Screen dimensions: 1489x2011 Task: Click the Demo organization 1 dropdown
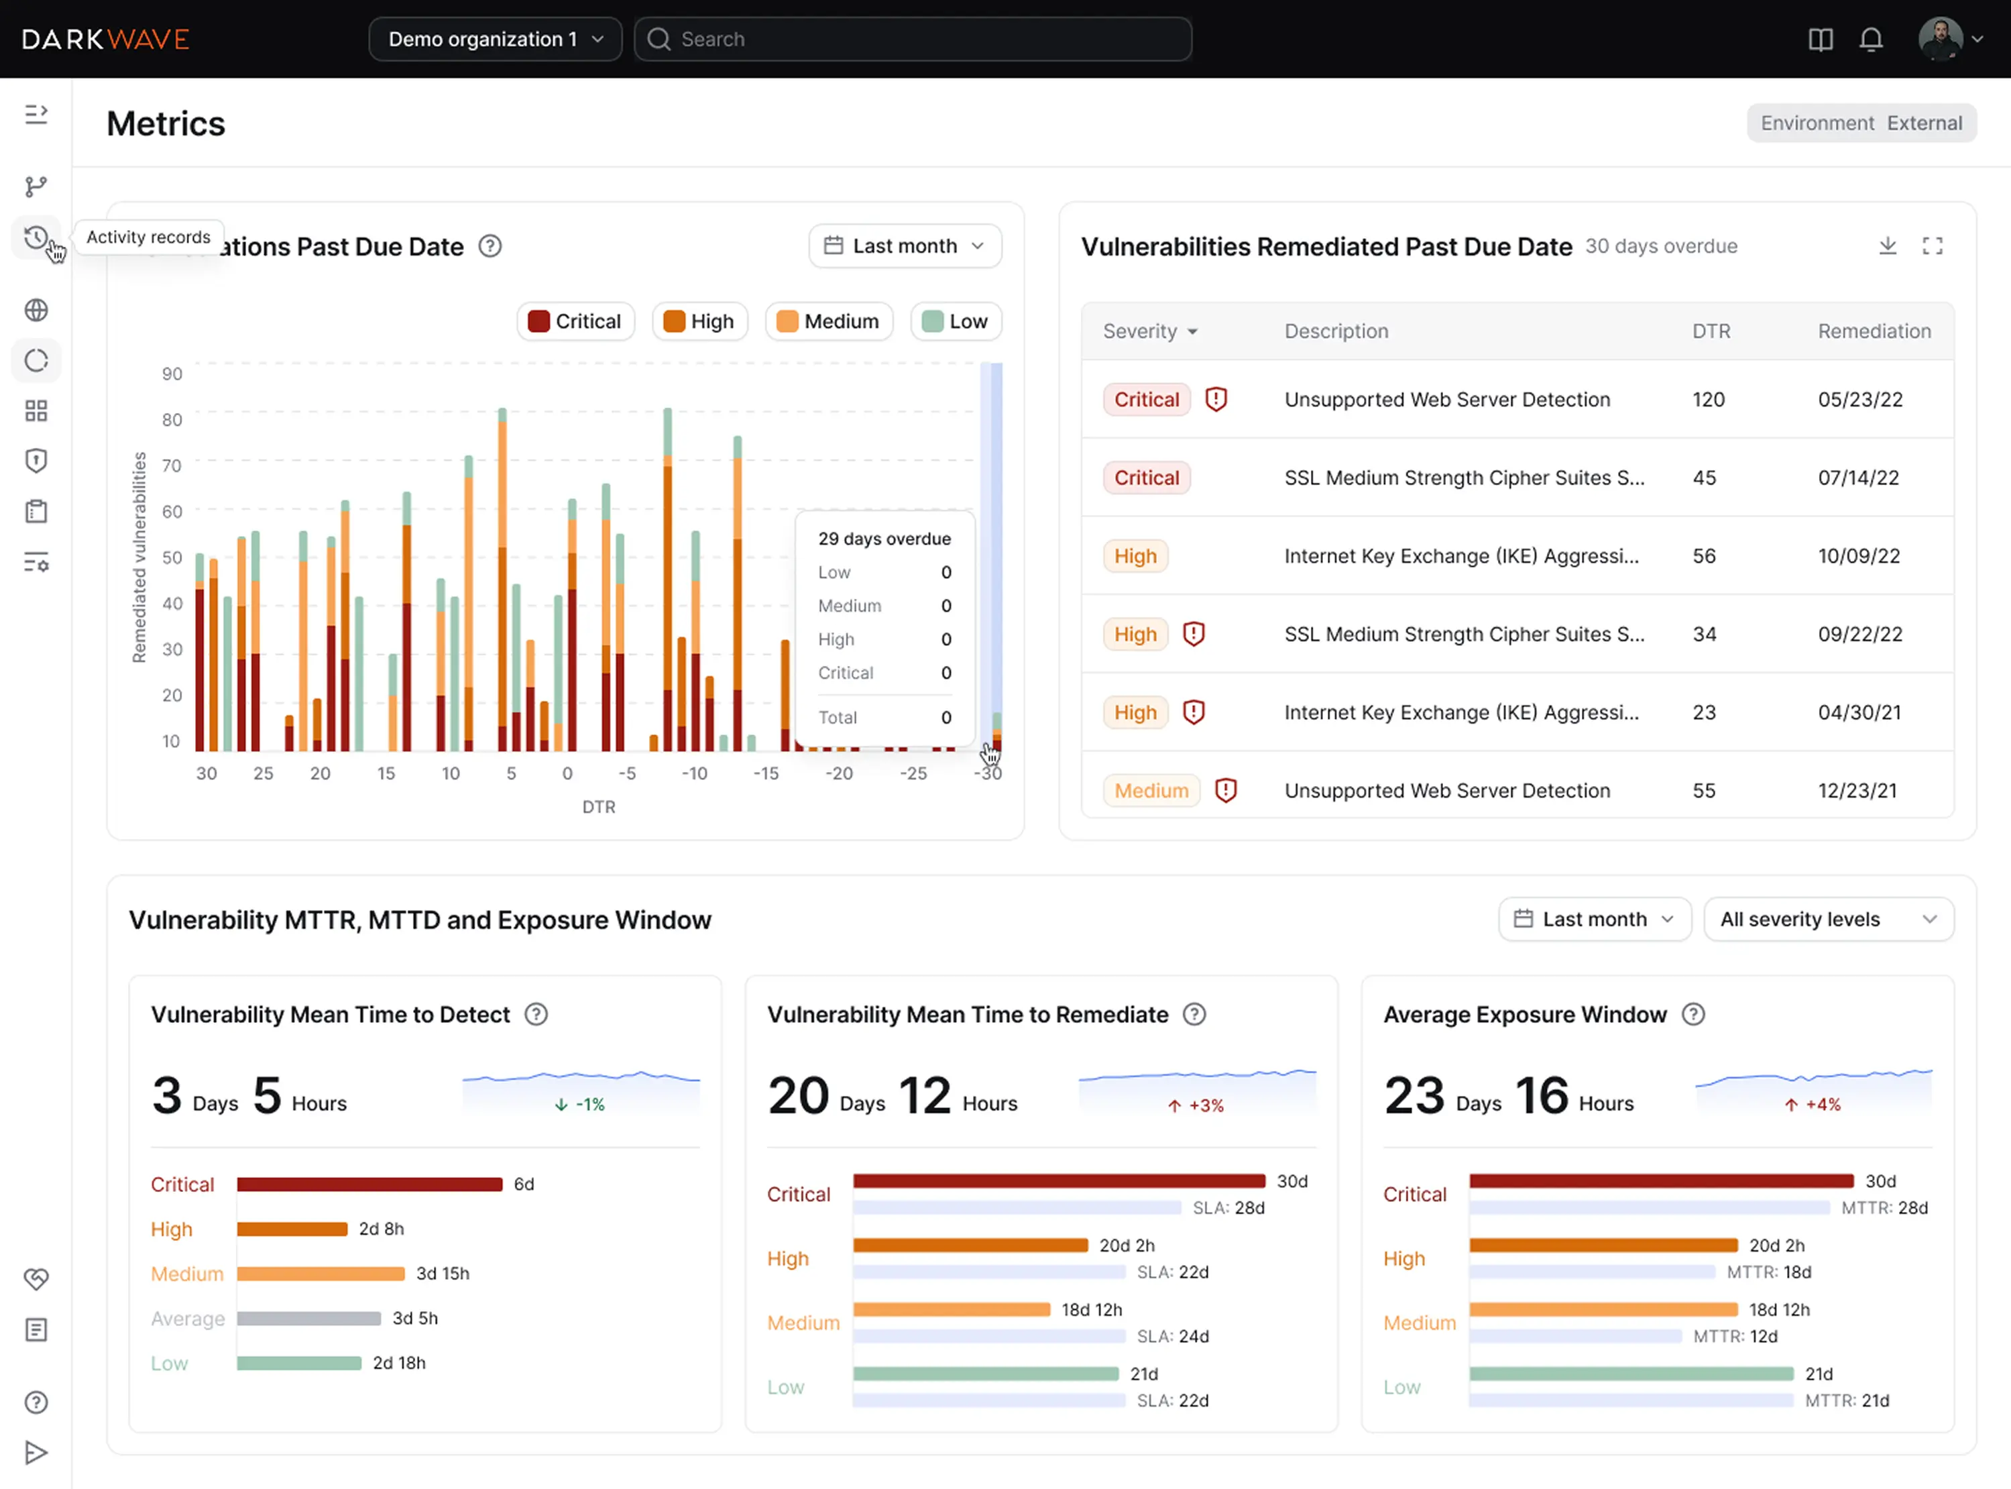[495, 39]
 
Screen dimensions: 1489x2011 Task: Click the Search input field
[912, 39]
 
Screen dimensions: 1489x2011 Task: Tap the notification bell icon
[1870, 40]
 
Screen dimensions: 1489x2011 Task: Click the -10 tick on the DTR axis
[694, 773]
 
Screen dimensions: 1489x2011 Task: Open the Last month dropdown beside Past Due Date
[905, 246]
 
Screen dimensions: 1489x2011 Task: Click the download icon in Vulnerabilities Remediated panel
[1888, 246]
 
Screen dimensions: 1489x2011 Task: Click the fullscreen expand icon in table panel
[1932, 246]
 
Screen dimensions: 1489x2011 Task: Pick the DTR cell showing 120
[1709, 399]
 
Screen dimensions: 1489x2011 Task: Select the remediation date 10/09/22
[1858, 556]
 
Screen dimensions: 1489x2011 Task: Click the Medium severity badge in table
[1151, 791]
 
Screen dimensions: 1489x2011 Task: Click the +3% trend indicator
[1196, 1106]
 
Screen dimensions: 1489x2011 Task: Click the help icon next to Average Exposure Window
[1693, 1015]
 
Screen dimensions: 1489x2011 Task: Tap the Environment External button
[1861, 123]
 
